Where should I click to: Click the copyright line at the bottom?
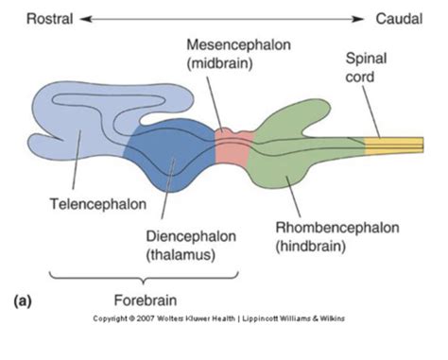pos(224,318)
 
